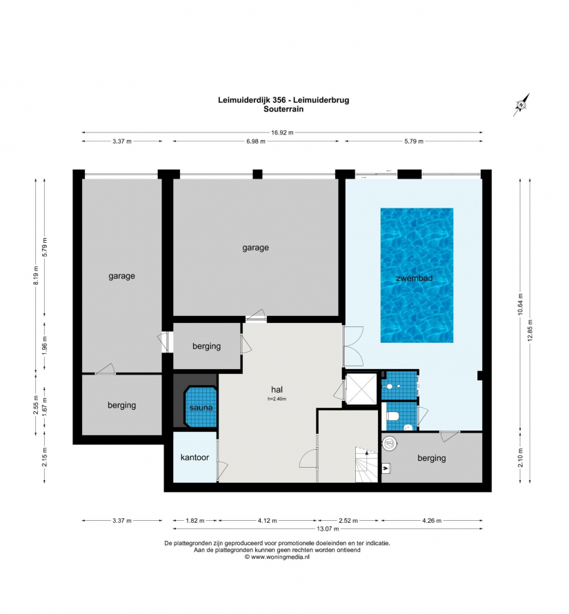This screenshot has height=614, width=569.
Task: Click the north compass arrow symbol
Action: tap(521, 105)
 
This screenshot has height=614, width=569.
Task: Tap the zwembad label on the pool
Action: tap(415, 279)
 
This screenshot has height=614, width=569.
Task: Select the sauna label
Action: tap(201, 408)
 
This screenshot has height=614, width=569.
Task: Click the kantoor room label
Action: tap(194, 457)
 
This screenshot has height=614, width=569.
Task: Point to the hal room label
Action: tap(277, 390)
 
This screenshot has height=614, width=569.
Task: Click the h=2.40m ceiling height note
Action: tap(277, 399)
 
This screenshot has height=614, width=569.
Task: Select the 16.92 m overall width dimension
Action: tap(282, 132)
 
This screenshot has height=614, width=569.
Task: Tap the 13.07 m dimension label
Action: tap(328, 528)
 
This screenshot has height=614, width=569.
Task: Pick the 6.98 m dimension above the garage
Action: tap(256, 141)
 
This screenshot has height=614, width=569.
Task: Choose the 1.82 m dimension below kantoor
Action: tap(194, 521)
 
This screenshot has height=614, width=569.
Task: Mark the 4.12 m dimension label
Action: tap(268, 521)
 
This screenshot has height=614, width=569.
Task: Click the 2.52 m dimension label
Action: tap(348, 521)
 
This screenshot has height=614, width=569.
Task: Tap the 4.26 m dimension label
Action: tap(432, 521)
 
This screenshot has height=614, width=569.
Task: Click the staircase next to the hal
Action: tap(366, 465)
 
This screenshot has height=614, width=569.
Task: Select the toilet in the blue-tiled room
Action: tap(392, 415)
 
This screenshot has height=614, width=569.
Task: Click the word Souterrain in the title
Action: tap(283, 109)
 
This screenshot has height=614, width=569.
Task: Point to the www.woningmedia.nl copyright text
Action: tap(277, 557)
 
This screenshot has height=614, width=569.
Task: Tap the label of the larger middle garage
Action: tap(255, 248)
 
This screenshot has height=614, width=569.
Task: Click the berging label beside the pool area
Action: tap(432, 458)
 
